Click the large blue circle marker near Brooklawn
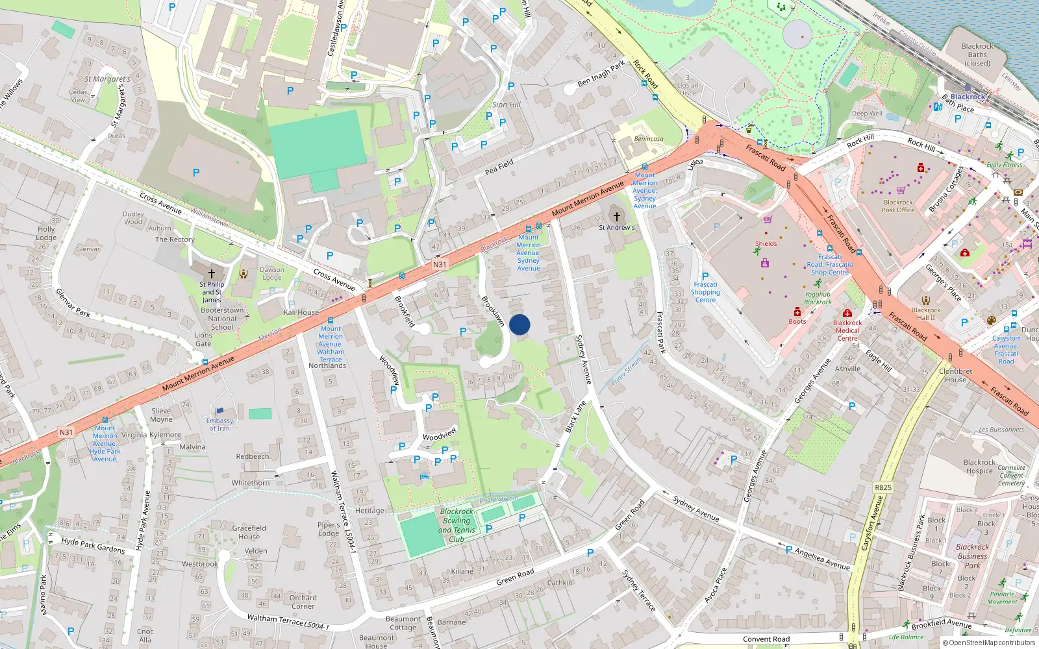point(519,324)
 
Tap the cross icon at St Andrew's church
point(616,216)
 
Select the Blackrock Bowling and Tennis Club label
point(457,525)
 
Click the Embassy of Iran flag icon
point(219,411)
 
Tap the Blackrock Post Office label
point(898,206)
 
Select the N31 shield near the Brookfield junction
point(440,264)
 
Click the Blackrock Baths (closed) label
point(977,55)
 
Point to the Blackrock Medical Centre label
point(847,330)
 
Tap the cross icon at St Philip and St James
point(211,274)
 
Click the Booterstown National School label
point(222,319)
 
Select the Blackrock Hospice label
point(979,467)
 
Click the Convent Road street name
point(766,639)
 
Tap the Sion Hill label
point(506,104)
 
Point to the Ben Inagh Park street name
point(601,73)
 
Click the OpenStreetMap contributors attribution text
point(989,643)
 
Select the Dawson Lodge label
point(272,273)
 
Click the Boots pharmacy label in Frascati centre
point(797,321)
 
